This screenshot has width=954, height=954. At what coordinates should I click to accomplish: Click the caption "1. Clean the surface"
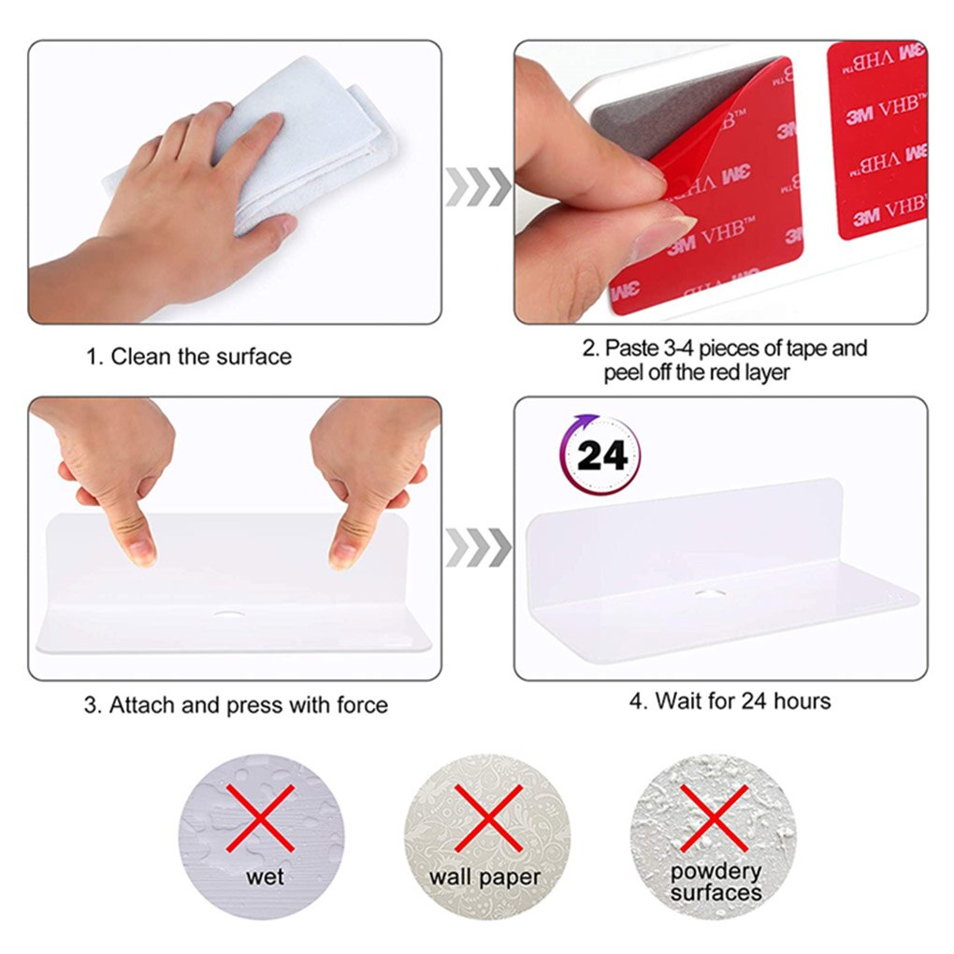(x=189, y=356)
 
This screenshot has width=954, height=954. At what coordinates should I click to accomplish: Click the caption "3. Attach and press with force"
(x=236, y=705)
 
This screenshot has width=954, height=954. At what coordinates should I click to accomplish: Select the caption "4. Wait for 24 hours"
(x=730, y=701)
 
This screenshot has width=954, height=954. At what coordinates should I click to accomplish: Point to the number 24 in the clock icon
(x=601, y=455)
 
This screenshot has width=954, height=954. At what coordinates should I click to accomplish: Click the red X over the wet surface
(x=260, y=817)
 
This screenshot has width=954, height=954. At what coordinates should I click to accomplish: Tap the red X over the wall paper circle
(x=488, y=817)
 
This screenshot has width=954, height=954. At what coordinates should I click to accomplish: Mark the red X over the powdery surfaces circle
(x=714, y=817)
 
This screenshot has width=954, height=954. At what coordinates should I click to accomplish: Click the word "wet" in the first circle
(x=265, y=876)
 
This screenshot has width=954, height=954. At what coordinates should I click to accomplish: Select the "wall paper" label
(x=484, y=877)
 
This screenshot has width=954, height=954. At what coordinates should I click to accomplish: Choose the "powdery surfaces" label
(x=716, y=882)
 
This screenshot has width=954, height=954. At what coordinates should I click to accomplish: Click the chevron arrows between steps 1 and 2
(x=478, y=186)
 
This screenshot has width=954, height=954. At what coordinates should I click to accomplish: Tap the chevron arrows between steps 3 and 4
(x=478, y=547)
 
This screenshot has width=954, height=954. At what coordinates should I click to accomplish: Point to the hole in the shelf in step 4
(x=710, y=592)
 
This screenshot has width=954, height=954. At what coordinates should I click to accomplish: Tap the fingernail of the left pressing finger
(x=141, y=553)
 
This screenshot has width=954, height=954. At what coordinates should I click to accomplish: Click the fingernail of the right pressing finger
(x=341, y=555)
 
